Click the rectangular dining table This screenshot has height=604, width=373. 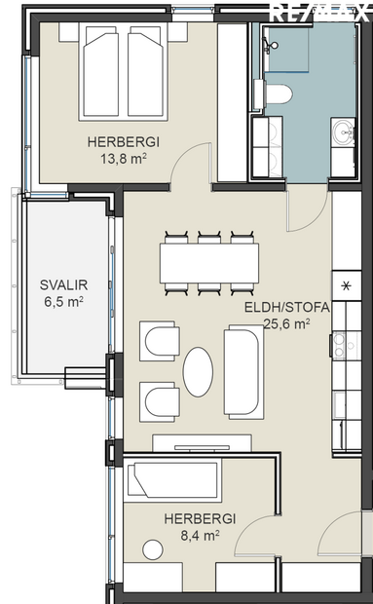click(209, 261)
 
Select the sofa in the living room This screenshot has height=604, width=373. click(242, 372)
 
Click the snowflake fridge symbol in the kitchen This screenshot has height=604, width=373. click(346, 286)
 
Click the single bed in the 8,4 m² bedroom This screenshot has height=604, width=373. click(174, 481)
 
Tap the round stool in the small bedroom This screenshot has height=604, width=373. click(151, 548)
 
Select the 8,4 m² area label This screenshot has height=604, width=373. click(190, 534)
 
